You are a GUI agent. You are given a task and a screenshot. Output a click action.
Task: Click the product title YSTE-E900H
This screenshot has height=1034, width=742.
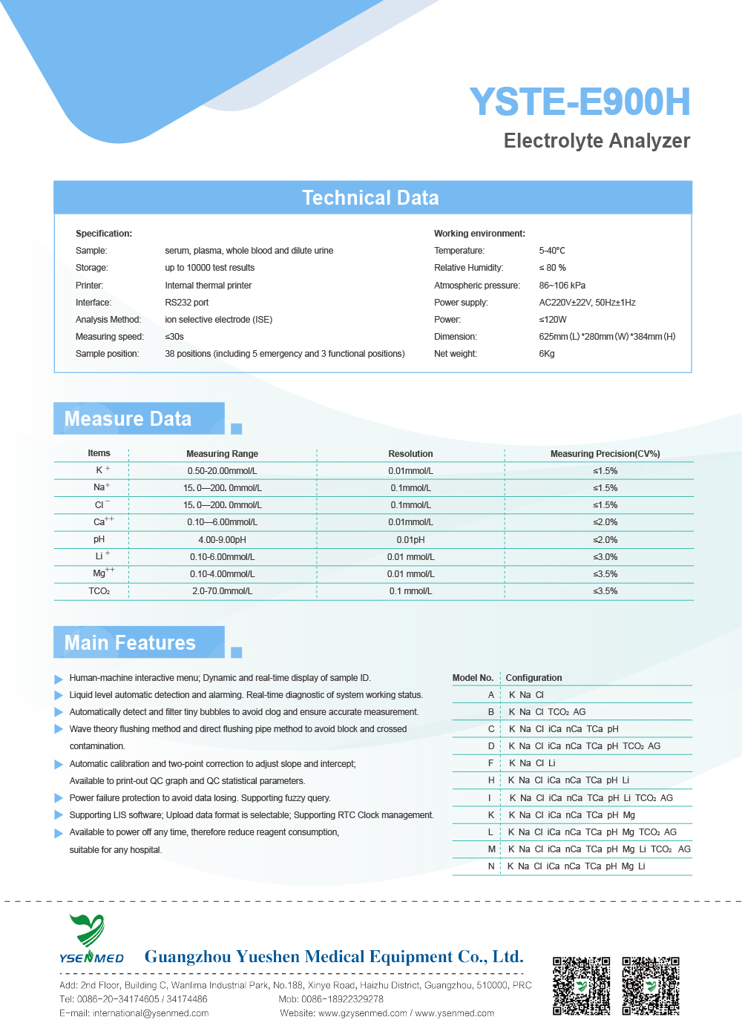pyautogui.click(x=580, y=102)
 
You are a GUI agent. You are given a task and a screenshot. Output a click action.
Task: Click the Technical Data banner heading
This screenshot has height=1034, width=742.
pyautogui.click(x=370, y=198)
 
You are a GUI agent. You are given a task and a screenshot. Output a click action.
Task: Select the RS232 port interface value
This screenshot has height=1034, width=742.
pyautogui.click(x=186, y=303)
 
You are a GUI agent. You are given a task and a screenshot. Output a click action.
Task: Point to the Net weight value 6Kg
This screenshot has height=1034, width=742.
pyautogui.click(x=547, y=354)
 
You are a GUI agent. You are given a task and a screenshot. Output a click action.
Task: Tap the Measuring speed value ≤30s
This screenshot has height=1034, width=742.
pyautogui.click(x=174, y=337)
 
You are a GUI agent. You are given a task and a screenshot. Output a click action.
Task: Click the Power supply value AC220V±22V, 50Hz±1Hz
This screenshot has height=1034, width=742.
pyautogui.click(x=587, y=303)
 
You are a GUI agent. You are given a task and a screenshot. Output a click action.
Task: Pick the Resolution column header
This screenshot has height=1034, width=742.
pyautogui.click(x=410, y=454)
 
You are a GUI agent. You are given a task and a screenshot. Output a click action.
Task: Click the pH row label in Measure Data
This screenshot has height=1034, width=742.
pyautogui.click(x=99, y=539)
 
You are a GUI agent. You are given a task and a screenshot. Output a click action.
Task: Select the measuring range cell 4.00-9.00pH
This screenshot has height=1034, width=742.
pyautogui.click(x=222, y=540)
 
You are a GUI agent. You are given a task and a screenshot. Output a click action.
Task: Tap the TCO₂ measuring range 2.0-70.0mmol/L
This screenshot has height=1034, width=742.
pyautogui.click(x=222, y=591)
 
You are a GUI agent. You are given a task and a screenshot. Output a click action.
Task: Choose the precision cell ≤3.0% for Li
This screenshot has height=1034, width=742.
pyautogui.click(x=605, y=557)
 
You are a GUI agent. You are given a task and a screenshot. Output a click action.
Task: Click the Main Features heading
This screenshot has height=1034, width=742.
pyautogui.click(x=130, y=642)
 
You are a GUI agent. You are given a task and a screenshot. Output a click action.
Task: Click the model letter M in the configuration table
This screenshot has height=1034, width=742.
pyautogui.click(x=491, y=849)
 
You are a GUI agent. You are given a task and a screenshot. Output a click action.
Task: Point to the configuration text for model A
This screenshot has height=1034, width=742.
pyautogui.click(x=526, y=695)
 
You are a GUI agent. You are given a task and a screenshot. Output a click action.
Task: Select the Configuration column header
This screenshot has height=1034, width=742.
pyautogui.click(x=533, y=678)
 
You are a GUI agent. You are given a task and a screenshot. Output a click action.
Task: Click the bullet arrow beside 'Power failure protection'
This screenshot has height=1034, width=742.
pyautogui.click(x=59, y=798)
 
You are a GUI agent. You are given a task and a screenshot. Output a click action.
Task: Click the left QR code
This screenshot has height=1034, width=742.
pyautogui.click(x=581, y=985)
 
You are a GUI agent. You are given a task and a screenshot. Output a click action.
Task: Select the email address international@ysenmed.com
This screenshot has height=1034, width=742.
pyautogui.click(x=151, y=1013)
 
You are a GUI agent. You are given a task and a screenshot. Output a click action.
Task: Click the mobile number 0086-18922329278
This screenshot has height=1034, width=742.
pyautogui.click(x=342, y=999)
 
